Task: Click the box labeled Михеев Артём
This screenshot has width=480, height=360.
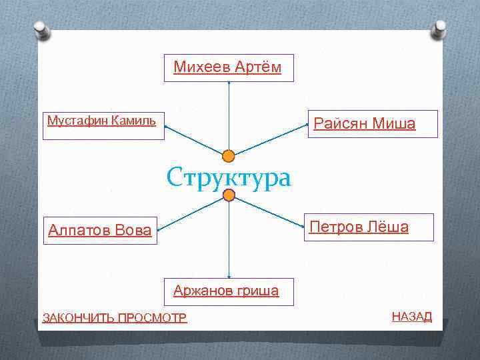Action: point(229,67)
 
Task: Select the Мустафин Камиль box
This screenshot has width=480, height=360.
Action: point(103,125)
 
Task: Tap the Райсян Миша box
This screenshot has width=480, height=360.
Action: point(372,124)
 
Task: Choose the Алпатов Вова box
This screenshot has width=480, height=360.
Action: point(100,231)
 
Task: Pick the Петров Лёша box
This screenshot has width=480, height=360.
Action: point(369,227)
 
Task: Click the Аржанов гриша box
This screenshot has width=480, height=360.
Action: point(229,291)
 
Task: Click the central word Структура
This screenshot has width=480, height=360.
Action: point(229,177)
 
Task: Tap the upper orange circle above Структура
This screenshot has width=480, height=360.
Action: point(229,156)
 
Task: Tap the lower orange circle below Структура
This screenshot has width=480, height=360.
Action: point(229,195)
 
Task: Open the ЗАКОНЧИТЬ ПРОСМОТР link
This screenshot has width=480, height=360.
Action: point(115,317)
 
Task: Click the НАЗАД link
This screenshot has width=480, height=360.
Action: point(411,316)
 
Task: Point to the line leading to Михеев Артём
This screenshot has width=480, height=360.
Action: point(229,117)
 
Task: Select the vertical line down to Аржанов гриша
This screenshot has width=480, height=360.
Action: point(229,240)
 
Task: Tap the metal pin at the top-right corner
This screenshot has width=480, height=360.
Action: point(439,29)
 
